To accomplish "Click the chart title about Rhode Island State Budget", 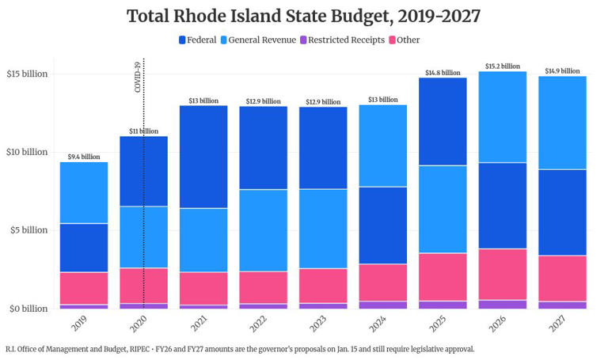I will (303, 16).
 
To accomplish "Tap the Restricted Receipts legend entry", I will (341, 40).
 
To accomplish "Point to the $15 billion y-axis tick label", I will (27, 74).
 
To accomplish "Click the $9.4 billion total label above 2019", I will (84, 157).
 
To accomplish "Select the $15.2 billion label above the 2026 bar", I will (503, 66).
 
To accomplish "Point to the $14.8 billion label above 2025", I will (443, 73).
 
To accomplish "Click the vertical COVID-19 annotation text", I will (138, 78).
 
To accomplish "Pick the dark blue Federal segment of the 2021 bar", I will (203, 157).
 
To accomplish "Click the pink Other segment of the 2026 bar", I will (503, 274).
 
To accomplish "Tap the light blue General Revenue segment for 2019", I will (84, 192).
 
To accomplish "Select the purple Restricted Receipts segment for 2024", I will (382, 305).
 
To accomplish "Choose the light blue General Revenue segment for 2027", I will (563, 123).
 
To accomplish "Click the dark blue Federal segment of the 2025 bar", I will (443, 121).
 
